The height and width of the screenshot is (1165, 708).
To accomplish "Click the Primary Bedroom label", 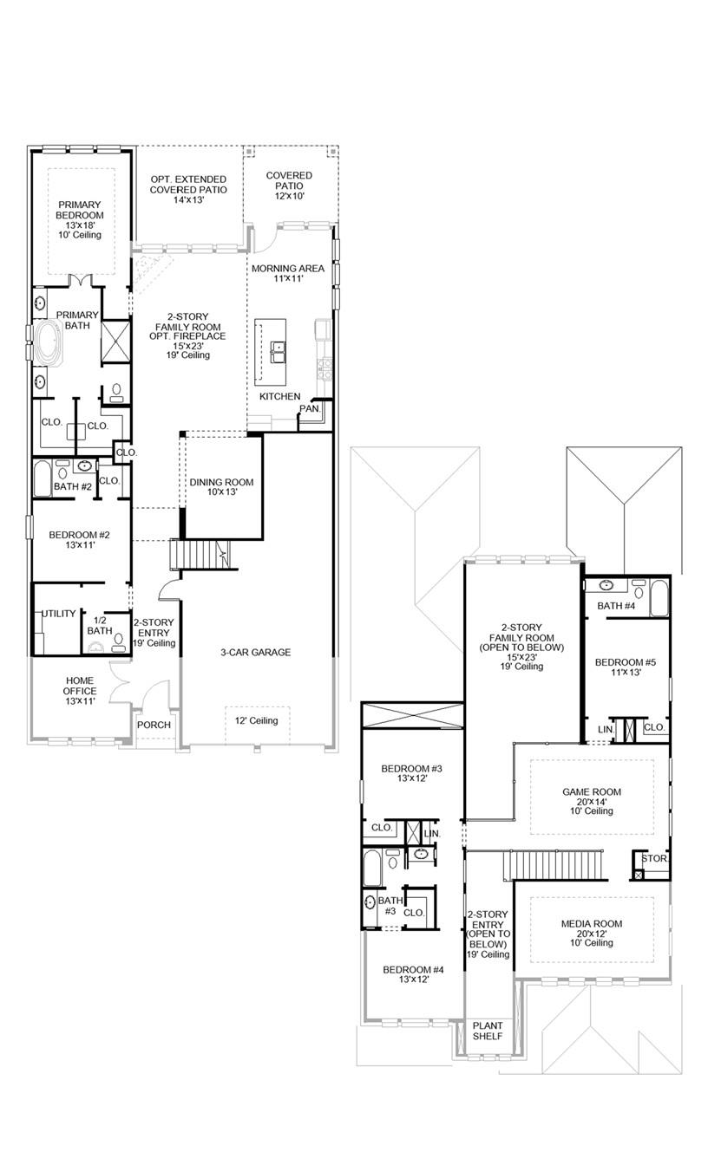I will click(80, 219).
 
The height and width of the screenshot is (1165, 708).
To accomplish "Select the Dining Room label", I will click(222, 486).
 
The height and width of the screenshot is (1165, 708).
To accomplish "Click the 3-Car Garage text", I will click(254, 652).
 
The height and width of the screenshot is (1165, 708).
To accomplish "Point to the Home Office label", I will click(80, 691).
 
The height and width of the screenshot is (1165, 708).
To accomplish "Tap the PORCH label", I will click(154, 725).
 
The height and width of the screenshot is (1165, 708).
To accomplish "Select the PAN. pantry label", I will click(309, 407).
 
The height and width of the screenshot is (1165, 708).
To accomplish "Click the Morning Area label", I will click(288, 274).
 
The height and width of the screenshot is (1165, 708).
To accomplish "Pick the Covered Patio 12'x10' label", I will click(289, 185).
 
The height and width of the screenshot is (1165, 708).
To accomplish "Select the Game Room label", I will click(592, 801).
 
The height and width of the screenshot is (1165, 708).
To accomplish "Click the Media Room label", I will click(592, 933).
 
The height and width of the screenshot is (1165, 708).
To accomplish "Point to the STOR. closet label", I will click(653, 858).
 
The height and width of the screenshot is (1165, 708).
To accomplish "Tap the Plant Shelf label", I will click(488, 1031).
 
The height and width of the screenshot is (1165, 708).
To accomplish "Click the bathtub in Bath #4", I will click(659, 598).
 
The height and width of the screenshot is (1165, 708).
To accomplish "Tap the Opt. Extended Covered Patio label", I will click(188, 189).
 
